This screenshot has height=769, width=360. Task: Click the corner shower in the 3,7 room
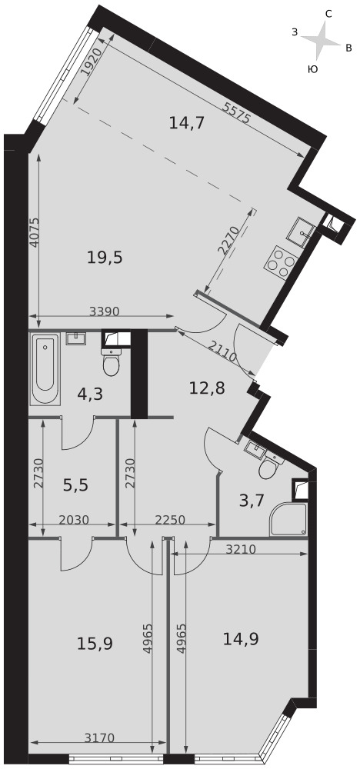[288, 519]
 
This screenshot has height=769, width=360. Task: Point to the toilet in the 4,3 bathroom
[112, 362]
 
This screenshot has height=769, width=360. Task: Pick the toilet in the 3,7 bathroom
[269, 466]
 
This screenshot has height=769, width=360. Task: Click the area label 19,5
[105, 257]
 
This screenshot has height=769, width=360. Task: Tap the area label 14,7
[186, 122]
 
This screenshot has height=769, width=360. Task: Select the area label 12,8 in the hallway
[207, 389]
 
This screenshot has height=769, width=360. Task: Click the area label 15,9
[95, 643]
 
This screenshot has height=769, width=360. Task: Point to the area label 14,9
[241, 638]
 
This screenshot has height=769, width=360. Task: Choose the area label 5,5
[75, 485]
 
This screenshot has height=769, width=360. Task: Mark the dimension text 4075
[34, 232]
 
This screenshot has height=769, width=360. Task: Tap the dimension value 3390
[105, 311]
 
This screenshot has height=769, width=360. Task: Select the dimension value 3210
[241, 549]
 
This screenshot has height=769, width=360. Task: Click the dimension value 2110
[222, 351]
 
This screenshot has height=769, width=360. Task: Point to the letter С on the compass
[328, 14]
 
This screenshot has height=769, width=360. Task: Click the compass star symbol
[321, 40]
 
